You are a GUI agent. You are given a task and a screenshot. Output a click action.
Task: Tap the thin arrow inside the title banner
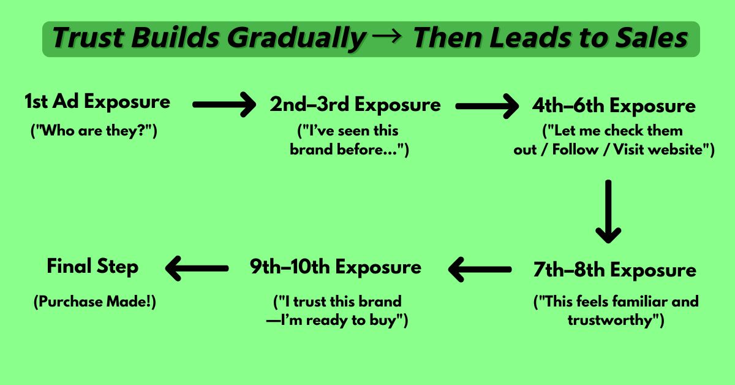388,36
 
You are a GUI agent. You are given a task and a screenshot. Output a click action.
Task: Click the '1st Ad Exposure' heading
97,102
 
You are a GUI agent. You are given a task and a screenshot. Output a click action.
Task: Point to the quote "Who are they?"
94,131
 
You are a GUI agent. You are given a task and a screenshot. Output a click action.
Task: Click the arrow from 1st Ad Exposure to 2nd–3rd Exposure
224,104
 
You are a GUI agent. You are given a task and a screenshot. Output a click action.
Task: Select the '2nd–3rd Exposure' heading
355,104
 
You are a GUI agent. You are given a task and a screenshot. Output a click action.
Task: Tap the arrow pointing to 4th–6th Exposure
488,106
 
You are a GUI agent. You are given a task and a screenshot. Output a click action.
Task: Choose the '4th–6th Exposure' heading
614,106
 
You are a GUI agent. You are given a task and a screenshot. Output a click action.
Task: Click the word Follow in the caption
575,150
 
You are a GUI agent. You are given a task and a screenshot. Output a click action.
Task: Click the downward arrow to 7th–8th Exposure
608,212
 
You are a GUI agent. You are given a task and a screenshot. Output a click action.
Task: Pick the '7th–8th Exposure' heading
614,270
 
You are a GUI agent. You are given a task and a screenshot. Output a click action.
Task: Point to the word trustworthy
609,320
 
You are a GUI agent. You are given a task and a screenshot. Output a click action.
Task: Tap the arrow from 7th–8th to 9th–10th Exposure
480,269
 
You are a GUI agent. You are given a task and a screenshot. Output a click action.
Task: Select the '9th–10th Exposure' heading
336,267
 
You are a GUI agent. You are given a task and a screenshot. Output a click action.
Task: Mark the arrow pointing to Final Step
197,269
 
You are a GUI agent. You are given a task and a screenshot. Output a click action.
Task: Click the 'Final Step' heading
92,267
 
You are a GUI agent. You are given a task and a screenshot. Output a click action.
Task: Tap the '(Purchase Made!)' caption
95,302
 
